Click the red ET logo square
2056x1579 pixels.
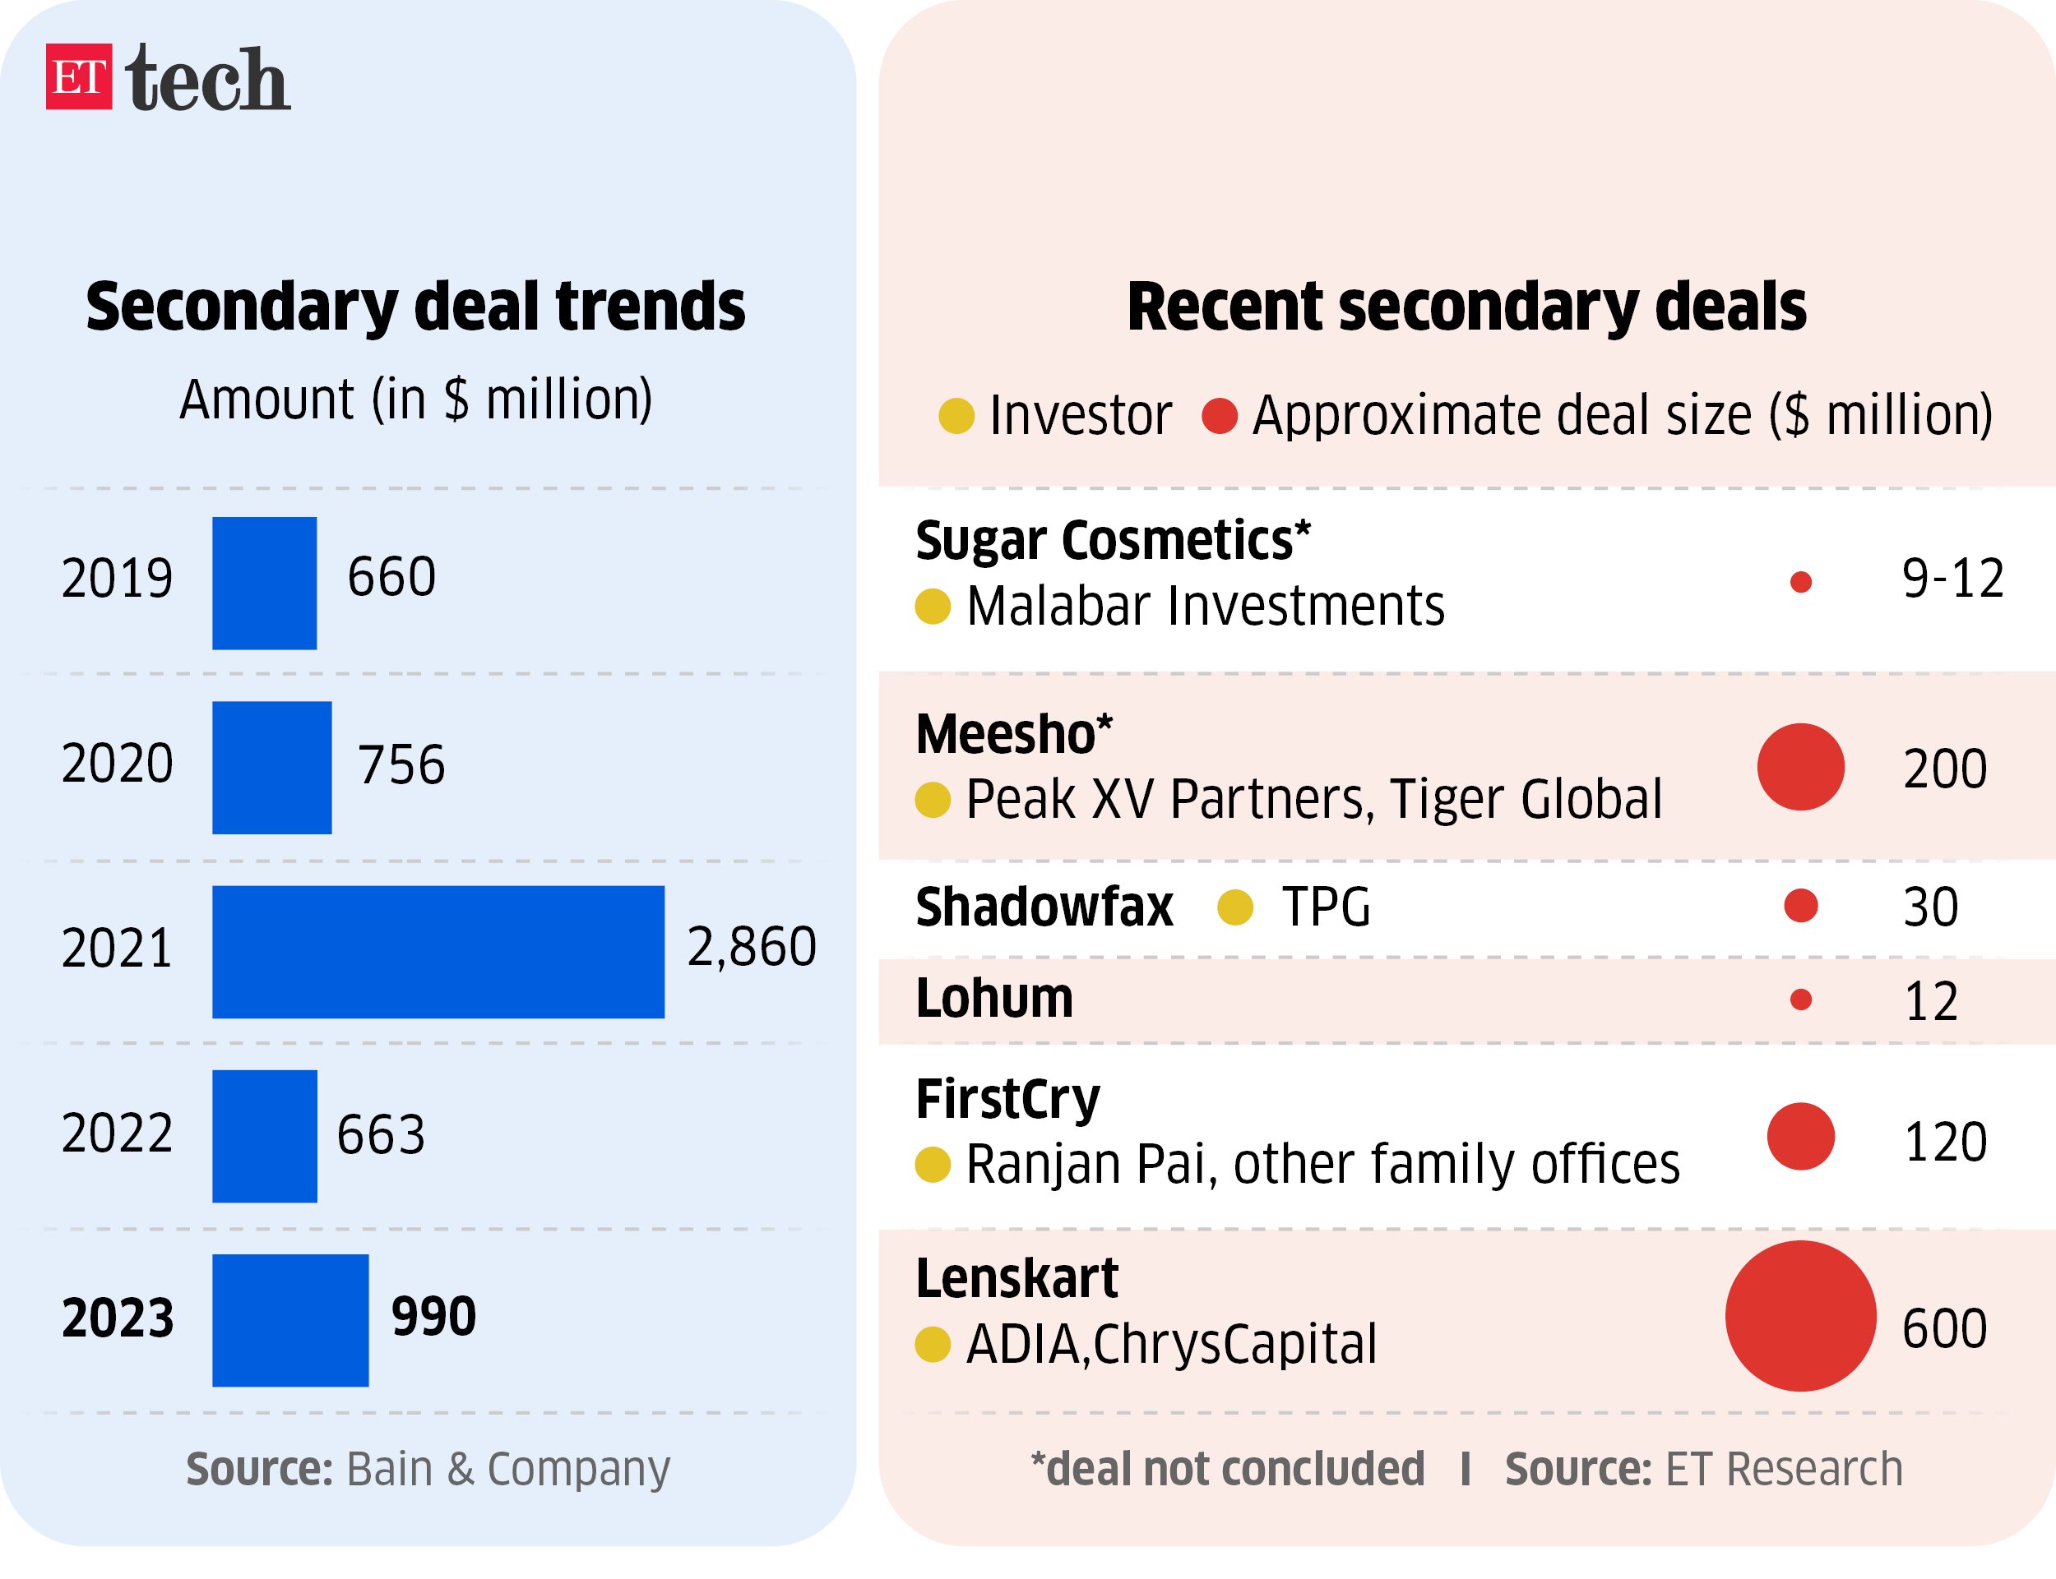coord(79,76)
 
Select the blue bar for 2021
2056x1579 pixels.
coord(438,951)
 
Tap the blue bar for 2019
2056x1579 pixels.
coord(264,583)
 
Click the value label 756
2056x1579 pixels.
coord(401,764)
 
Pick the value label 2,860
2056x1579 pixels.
coord(751,945)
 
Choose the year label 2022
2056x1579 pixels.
coord(118,1133)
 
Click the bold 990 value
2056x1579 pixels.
coord(433,1316)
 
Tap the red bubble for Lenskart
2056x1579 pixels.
coord(1799,1315)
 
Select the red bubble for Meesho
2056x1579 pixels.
coord(1799,767)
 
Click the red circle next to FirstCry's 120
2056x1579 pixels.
coord(1799,1136)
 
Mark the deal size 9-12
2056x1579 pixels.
coord(1952,578)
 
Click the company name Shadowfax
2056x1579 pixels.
coord(1044,907)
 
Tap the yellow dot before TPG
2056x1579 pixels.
coord(1234,907)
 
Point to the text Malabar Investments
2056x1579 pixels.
coord(1204,607)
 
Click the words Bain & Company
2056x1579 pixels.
coord(507,1469)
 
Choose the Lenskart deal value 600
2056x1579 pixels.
coord(1943,1328)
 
